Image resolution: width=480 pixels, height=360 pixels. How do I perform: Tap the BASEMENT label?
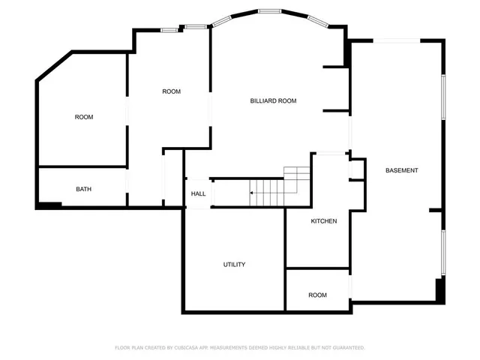click(x=401, y=170)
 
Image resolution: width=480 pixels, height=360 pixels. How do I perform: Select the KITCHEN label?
click(x=324, y=221)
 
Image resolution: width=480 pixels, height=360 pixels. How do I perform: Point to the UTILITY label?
click(x=234, y=265)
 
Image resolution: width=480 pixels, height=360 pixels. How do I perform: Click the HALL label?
click(x=198, y=193)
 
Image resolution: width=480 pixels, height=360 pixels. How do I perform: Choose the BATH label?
click(x=83, y=189)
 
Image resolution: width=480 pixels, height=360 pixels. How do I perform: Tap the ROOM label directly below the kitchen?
click(x=317, y=295)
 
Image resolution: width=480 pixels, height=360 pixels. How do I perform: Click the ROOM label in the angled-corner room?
click(x=83, y=117)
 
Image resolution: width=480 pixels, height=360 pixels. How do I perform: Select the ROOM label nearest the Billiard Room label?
click(x=171, y=91)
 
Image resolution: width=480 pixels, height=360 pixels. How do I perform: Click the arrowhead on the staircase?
click(x=252, y=193)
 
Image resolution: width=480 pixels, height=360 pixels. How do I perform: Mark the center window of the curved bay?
click(x=270, y=11)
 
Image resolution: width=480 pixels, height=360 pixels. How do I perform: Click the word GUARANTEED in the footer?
click(x=347, y=348)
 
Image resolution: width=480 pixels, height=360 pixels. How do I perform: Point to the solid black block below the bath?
click(x=49, y=205)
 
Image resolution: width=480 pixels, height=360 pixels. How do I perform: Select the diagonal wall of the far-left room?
click(x=53, y=66)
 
